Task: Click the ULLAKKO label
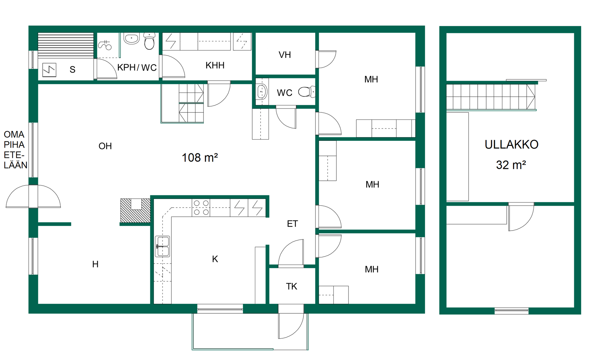click(x=511, y=145)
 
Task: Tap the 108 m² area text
click(x=200, y=157)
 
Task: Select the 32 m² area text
click(x=511, y=165)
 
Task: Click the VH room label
click(x=285, y=55)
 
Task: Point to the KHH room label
click(x=215, y=65)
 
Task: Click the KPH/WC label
click(x=137, y=67)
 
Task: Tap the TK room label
click(x=291, y=286)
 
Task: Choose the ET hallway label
click(x=292, y=224)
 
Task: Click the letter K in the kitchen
click(x=215, y=259)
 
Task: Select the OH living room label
click(x=105, y=146)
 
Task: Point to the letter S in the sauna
click(x=72, y=70)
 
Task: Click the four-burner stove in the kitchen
click(x=201, y=208)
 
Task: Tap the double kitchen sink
click(x=163, y=247)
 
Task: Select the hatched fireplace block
click(x=135, y=210)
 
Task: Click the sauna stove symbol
click(x=49, y=70)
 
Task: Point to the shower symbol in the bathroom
click(x=105, y=45)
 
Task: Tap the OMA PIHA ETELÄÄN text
click(x=15, y=150)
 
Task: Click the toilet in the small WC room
click(x=307, y=92)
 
